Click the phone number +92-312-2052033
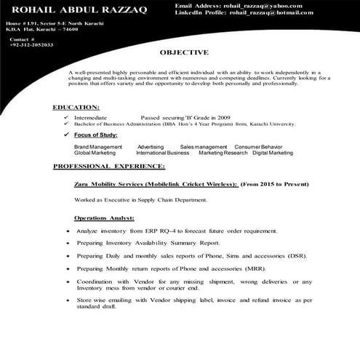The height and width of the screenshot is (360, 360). [31, 44]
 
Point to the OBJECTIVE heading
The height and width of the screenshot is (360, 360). [184, 52]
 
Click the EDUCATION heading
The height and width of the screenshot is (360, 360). [76, 107]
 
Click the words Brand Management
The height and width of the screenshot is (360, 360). [97, 147]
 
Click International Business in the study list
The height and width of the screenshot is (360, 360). [162, 153]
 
